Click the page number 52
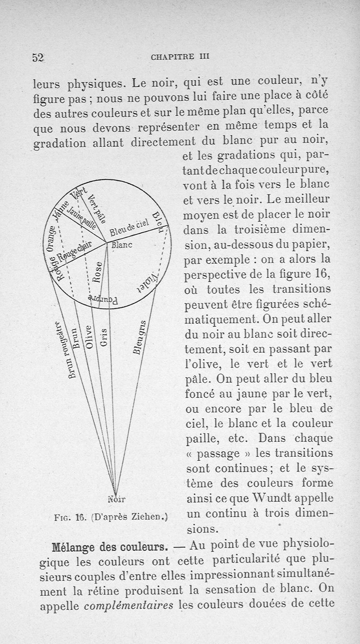[x=37, y=58]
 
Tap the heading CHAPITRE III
[x=180, y=57]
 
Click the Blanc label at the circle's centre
[x=120, y=246]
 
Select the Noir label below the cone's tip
[x=117, y=499]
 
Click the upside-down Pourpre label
[x=103, y=300]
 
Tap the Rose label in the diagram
[x=96, y=272]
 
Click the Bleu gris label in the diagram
[x=140, y=337]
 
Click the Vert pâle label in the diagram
[x=97, y=209]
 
